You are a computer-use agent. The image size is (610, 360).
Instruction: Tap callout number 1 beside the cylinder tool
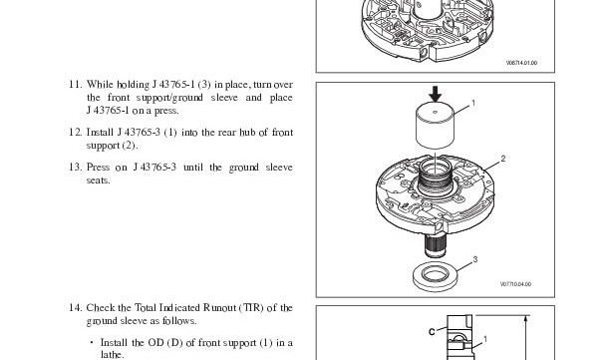click(x=471, y=104)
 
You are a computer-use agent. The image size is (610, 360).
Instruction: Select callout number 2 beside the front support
click(x=503, y=159)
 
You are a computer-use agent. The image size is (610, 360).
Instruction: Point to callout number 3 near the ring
click(x=474, y=259)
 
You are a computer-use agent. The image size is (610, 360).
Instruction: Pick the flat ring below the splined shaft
click(x=435, y=273)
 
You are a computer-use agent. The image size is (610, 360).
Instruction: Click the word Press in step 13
click(x=101, y=168)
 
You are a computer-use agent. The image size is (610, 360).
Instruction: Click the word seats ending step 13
click(x=99, y=180)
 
